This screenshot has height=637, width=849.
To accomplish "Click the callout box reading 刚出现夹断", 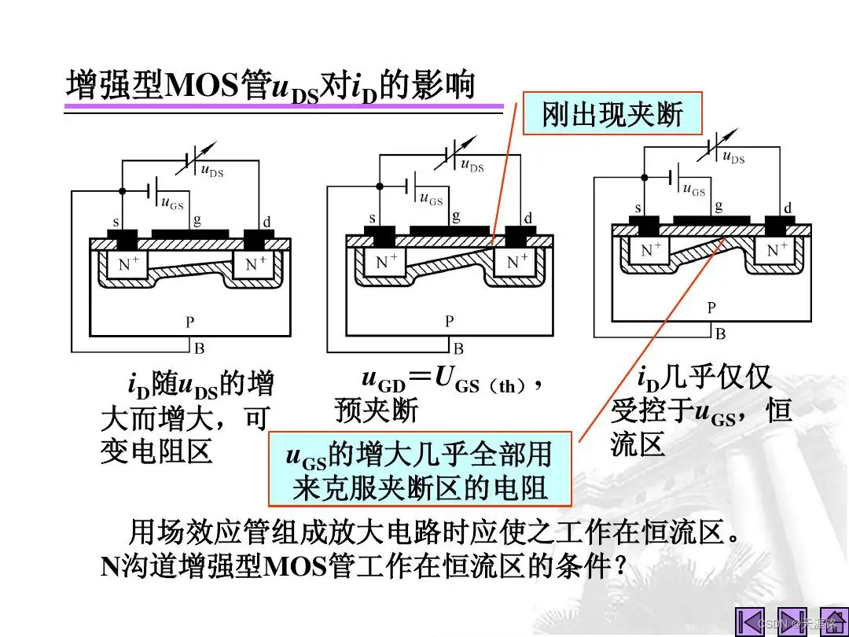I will (x=612, y=115).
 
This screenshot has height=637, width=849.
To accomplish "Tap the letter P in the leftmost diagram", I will (x=189, y=322).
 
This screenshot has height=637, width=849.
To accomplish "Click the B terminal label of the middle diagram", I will (x=458, y=348).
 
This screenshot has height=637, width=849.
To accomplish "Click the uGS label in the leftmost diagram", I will (x=172, y=204).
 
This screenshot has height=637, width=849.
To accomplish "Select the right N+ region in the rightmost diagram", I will (x=777, y=250).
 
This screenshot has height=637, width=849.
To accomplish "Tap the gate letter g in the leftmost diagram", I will (x=197, y=221).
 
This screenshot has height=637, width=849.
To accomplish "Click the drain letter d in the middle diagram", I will (x=527, y=218).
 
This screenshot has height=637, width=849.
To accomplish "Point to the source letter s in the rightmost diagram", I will (x=638, y=208).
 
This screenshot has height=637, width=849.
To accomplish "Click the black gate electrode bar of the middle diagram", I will (x=449, y=230).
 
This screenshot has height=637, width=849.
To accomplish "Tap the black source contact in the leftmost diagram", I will (x=122, y=236).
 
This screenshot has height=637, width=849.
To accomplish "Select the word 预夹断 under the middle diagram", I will (x=377, y=410).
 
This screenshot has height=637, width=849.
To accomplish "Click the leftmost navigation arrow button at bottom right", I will (x=749, y=621).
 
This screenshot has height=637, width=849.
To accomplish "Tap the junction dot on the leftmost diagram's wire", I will (x=122, y=191).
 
